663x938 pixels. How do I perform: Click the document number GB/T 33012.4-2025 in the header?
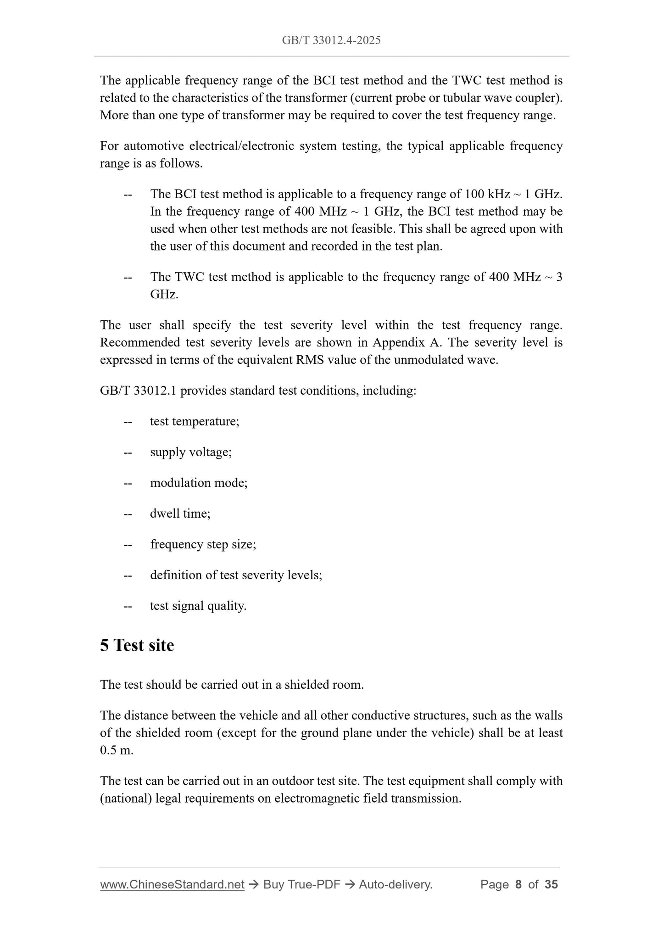[x=331, y=40]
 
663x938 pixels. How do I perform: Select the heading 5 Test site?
[x=137, y=645]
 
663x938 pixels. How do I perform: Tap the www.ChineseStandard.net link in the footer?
[x=172, y=884]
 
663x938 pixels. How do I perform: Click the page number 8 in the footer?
[x=518, y=884]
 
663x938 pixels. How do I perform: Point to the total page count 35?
[x=551, y=884]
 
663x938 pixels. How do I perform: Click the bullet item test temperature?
[x=195, y=421]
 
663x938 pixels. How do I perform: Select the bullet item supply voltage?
[x=191, y=452]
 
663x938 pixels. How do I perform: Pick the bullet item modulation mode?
[x=199, y=483]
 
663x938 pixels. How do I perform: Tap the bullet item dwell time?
[x=180, y=514]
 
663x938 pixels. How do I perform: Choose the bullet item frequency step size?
[x=203, y=544]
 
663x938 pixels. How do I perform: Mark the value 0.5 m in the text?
[x=116, y=750]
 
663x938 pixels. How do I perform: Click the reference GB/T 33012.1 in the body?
[x=138, y=391]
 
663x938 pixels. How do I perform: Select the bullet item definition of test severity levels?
[x=236, y=575]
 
